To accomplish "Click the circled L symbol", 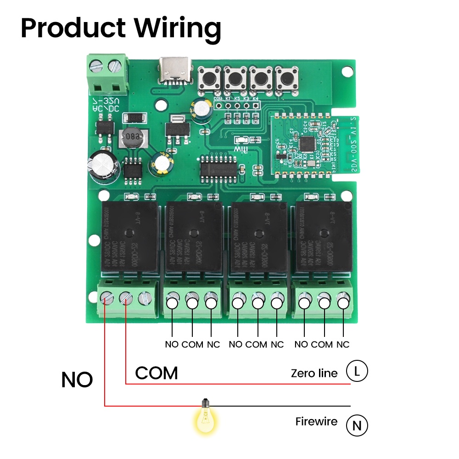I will coord(357,371).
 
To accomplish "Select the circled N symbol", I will coord(357,425).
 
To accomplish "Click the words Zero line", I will coord(314,373).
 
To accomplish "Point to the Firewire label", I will coord(316,421).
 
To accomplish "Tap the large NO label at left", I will coord(77,380).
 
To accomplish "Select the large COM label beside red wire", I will coord(157,373).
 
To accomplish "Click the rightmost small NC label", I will coord(342,344).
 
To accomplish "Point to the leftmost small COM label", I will coord(192,344).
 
